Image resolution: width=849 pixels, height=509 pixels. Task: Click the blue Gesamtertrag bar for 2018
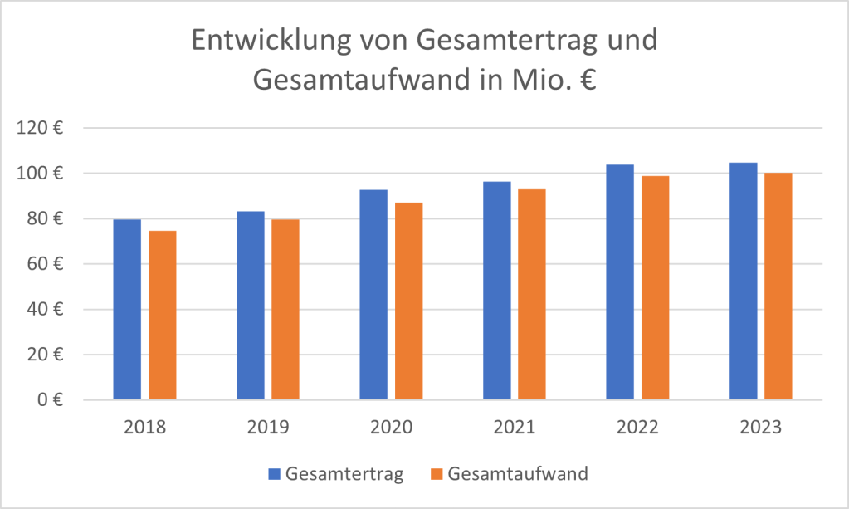pyautogui.click(x=127, y=310)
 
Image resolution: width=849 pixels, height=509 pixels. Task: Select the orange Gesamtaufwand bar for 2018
pyautogui.click(x=162, y=316)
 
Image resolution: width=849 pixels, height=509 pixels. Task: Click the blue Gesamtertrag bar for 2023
pyautogui.click(x=743, y=281)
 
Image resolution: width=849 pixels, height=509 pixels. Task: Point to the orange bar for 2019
pyautogui.click(x=285, y=310)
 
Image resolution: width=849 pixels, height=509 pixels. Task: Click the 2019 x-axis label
pyautogui.click(x=268, y=428)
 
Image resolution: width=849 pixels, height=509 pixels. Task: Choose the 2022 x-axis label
pyautogui.click(x=637, y=428)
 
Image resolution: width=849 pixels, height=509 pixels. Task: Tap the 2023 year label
pyautogui.click(x=761, y=428)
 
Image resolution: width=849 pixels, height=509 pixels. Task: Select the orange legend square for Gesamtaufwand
pyautogui.click(x=437, y=475)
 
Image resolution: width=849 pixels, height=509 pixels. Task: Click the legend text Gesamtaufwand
pyautogui.click(x=518, y=475)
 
